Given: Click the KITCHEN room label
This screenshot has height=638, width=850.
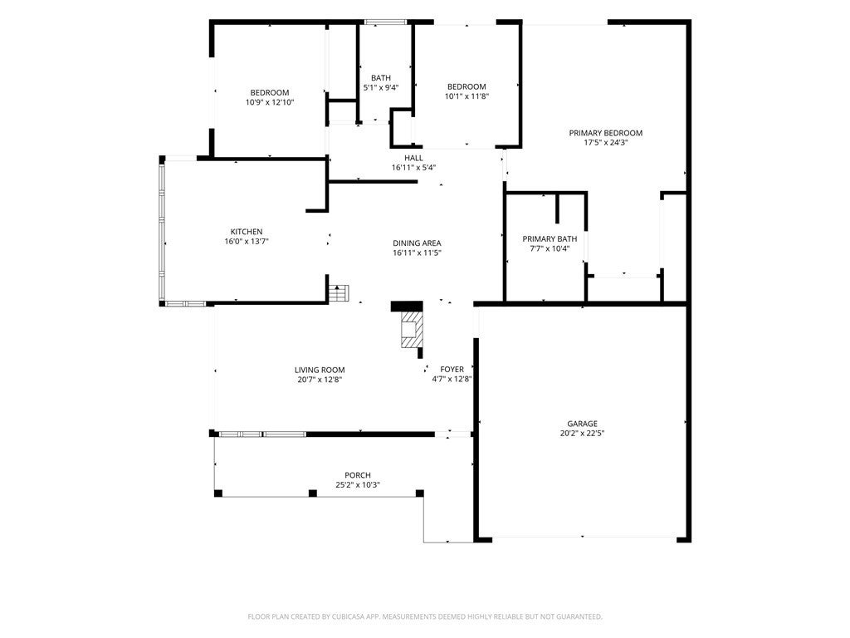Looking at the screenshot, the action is click(x=247, y=232).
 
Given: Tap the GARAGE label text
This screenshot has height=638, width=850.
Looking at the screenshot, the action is click(x=582, y=424).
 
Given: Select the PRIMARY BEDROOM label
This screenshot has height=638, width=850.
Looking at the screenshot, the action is click(x=605, y=133).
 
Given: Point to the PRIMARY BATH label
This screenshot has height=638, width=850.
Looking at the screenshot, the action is click(x=550, y=238).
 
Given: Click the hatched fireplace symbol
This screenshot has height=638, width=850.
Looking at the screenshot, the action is click(x=412, y=329).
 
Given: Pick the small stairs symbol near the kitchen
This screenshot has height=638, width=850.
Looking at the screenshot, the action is click(x=340, y=293).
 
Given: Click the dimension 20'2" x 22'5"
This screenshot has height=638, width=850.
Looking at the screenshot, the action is click(x=582, y=433).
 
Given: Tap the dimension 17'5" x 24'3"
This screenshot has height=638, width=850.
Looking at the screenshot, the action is click(x=605, y=143).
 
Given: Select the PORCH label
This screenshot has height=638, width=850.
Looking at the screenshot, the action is click(x=358, y=475).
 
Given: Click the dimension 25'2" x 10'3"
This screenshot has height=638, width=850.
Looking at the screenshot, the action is click(x=358, y=485).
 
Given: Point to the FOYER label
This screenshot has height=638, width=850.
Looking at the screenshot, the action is click(x=452, y=370).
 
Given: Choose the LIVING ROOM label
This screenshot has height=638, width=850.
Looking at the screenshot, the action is click(x=320, y=370).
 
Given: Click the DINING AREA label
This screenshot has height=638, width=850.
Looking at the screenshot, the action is click(x=417, y=243).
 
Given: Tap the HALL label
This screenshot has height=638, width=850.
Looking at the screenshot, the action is click(x=413, y=158).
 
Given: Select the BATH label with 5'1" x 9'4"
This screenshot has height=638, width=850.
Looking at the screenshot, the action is click(x=381, y=78).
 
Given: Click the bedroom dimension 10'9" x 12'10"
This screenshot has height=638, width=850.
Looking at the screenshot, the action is click(x=270, y=102).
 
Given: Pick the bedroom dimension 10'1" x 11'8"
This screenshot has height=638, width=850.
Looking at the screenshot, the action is click(x=467, y=96).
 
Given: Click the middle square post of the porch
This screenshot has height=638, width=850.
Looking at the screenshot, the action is click(x=313, y=493).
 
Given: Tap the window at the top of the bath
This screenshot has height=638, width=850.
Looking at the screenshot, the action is click(x=385, y=22).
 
